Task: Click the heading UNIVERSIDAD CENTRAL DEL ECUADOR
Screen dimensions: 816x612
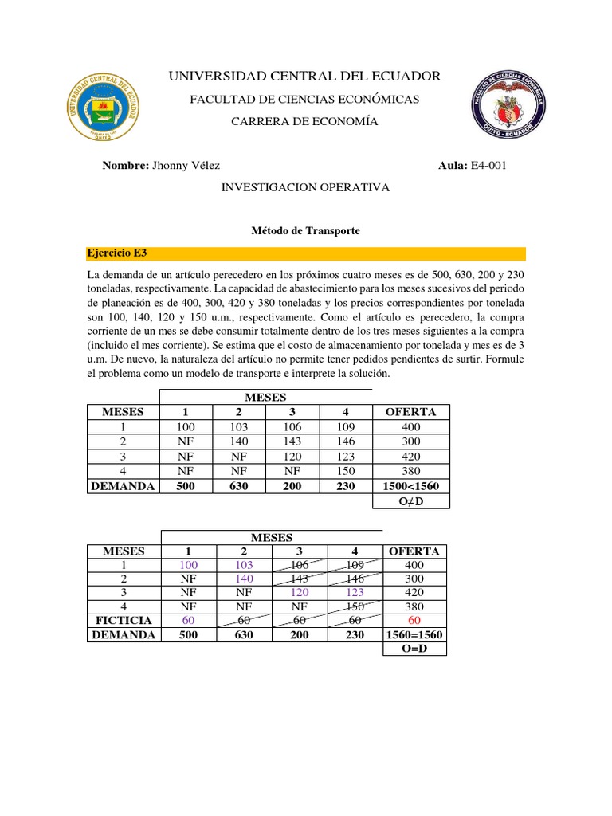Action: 304,76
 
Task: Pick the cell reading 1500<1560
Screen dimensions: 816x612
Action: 410,485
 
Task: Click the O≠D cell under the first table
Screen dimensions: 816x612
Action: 410,500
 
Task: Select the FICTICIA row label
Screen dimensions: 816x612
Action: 124,619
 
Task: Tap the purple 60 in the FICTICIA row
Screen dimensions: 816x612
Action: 188,619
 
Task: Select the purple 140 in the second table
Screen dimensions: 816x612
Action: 244,579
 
